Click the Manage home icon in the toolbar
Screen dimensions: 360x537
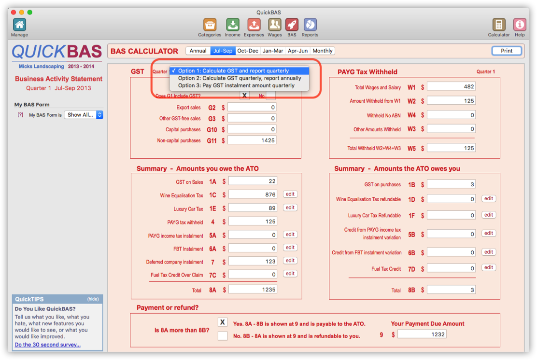[19, 25]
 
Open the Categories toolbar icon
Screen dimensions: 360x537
[210, 25]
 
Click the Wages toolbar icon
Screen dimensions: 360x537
[274, 25]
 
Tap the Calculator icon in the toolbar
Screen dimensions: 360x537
[498, 25]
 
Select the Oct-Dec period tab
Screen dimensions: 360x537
[248, 51]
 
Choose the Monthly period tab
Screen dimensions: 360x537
[322, 51]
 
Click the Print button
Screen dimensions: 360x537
[507, 51]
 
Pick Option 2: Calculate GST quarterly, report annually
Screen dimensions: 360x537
[239, 78]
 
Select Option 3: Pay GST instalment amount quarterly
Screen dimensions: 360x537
[236, 85]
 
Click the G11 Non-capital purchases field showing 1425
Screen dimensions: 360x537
[252, 140]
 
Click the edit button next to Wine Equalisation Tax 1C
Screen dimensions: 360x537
[290, 194]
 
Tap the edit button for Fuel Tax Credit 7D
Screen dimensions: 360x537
[489, 268]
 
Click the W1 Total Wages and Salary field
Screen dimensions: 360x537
[451, 87]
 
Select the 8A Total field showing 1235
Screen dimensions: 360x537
[253, 290]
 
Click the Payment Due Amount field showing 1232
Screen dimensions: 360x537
[422, 334]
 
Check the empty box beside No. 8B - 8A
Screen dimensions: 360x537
[223, 335]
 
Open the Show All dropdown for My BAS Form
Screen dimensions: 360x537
[84, 115]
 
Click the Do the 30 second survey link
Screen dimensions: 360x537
[47, 345]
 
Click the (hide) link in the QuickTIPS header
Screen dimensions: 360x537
[93, 299]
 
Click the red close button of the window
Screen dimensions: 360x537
[14, 12]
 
